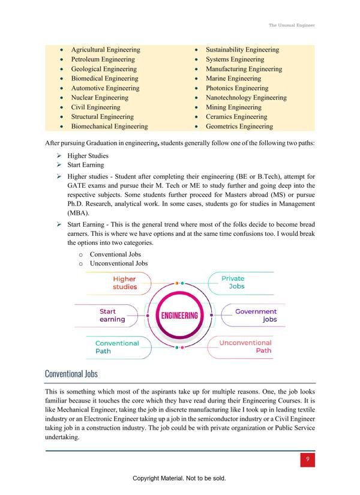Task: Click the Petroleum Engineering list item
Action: coord(103,59)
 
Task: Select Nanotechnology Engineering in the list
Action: coord(245,97)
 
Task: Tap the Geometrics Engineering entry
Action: coord(239,126)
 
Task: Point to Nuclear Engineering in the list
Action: coord(99,97)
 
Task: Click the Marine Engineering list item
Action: coord(233,79)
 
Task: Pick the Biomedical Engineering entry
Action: coord(104,79)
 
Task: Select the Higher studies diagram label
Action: coord(125,283)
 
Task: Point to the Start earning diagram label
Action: coord(112,316)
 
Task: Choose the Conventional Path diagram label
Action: coord(117,347)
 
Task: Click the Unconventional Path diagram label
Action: coord(245,347)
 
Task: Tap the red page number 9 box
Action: coord(307,460)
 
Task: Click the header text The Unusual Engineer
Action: coord(292,26)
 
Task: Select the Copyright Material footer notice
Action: coord(179,479)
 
